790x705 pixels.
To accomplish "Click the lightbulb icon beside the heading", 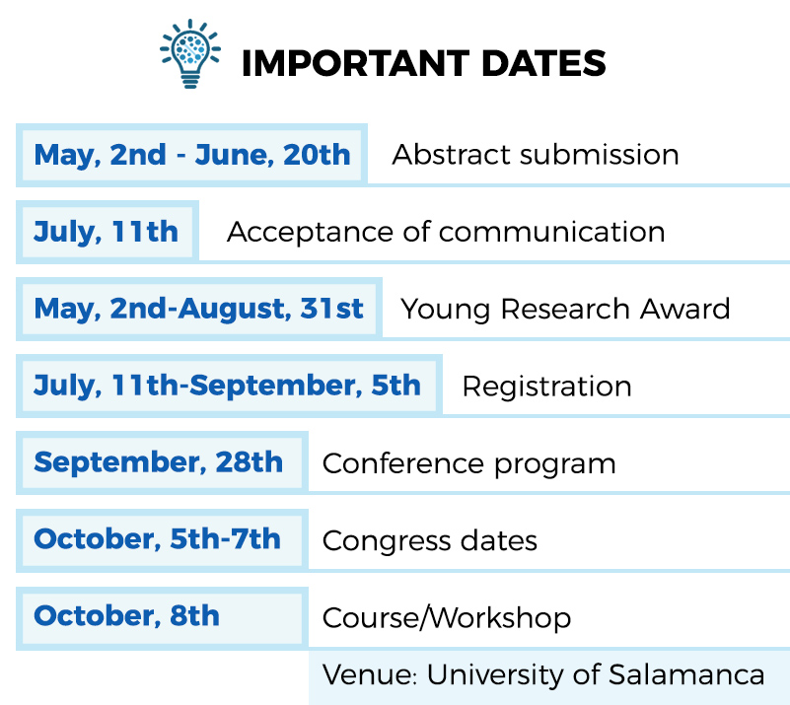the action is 190,53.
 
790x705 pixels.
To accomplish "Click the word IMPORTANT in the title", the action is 356,63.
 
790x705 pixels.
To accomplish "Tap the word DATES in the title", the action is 543,63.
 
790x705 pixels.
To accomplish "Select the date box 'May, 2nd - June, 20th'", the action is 192,155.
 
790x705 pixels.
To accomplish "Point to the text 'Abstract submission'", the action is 536,155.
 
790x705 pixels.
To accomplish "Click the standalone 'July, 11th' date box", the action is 108,232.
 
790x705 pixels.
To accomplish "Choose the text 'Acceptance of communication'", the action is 446,232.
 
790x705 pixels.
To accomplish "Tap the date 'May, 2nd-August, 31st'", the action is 199,310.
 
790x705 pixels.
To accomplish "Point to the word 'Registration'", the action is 547,387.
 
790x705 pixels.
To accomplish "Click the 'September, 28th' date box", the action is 162,463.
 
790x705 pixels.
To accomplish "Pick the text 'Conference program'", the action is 469,463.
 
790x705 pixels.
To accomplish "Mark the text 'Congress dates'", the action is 430,541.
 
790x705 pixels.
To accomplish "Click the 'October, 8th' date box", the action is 162,618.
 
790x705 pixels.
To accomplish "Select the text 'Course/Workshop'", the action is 447,618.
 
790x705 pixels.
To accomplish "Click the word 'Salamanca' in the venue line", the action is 686,674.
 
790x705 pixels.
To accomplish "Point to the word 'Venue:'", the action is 370,674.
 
